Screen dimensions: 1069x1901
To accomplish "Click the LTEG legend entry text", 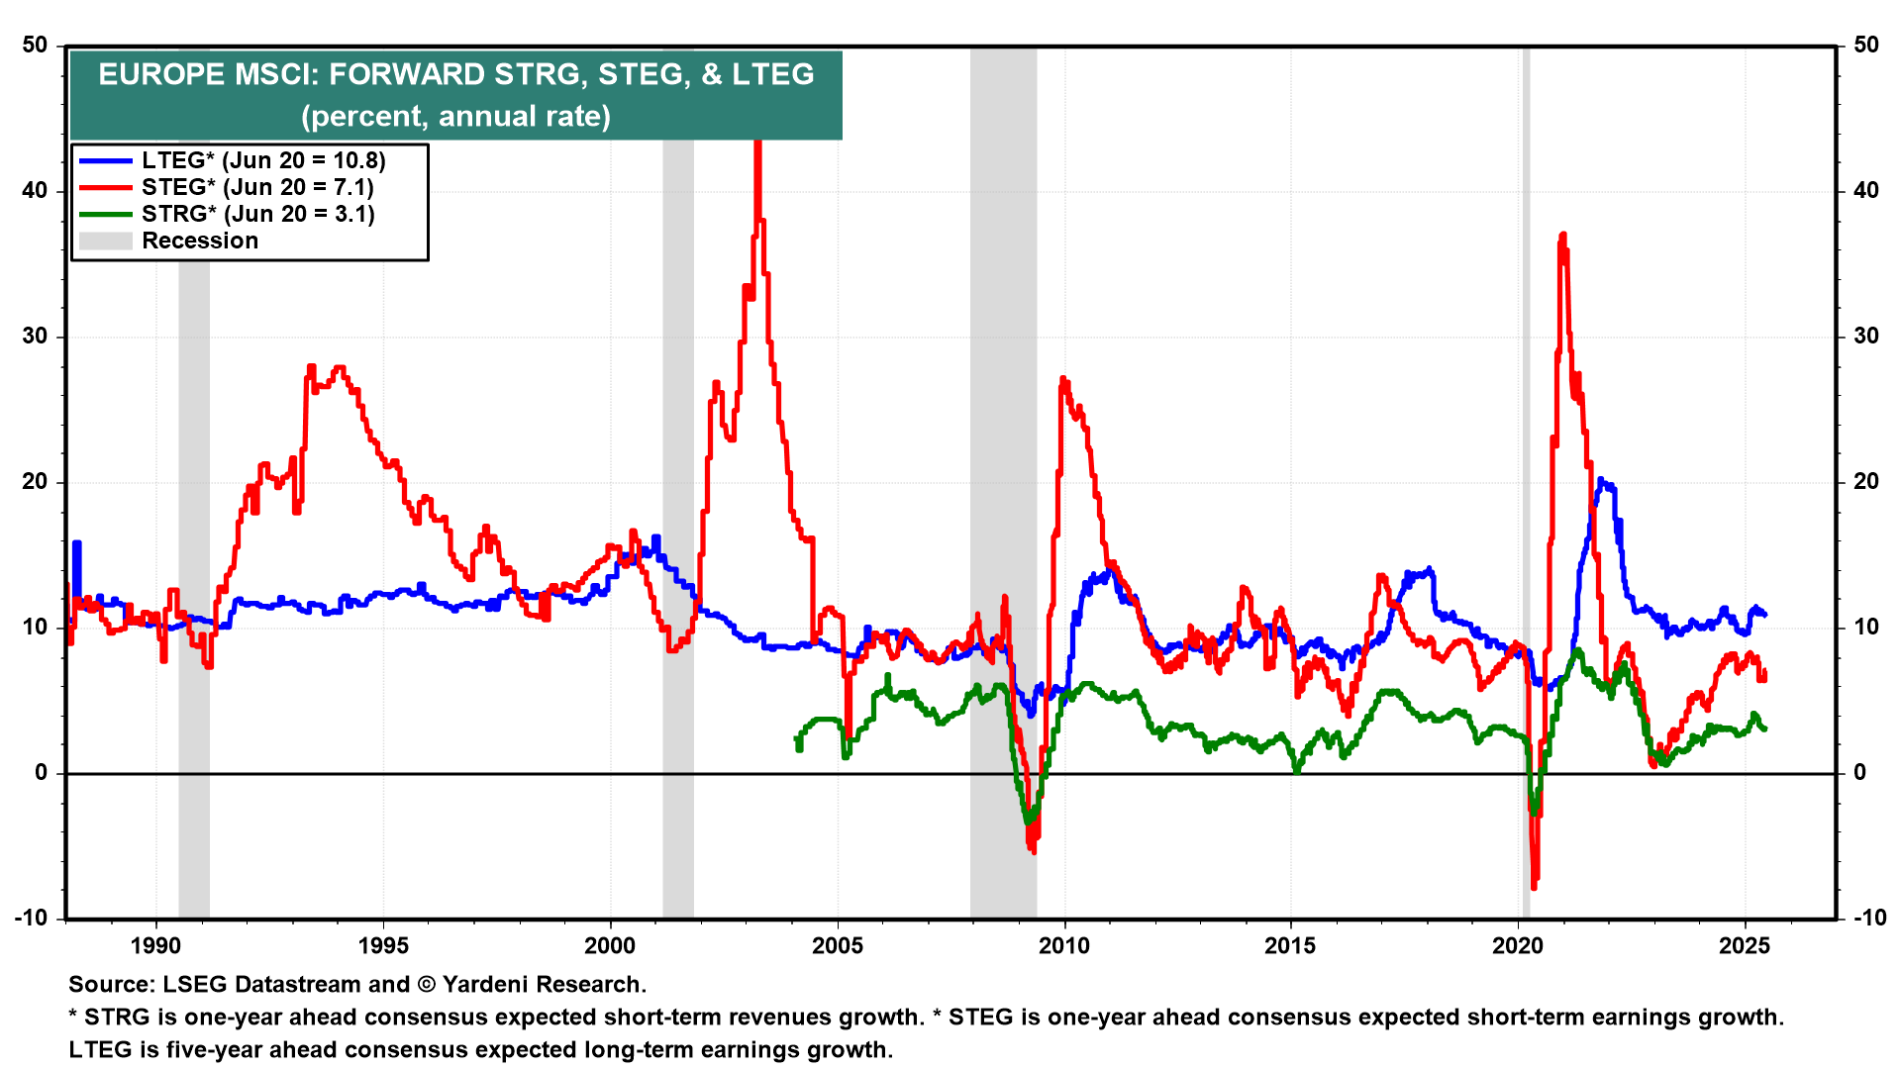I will pyautogui.click(x=262, y=160).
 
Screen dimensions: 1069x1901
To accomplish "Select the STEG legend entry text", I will pyautogui.click(x=257, y=187).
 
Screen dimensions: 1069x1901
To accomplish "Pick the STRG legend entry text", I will pyautogui.click(x=257, y=214).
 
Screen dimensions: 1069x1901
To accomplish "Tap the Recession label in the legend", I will pyautogui.click(x=200, y=241).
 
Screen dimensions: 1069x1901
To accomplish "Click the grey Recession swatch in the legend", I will pyautogui.click(x=105, y=241).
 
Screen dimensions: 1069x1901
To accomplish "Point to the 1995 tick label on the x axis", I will pyautogui.click(x=383, y=945).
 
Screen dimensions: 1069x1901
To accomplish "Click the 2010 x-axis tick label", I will pyautogui.click(x=1064, y=945).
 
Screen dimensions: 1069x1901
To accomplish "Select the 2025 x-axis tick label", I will pyautogui.click(x=1745, y=945).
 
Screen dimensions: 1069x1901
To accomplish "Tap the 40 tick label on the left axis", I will pyautogui.click(x=35, y=190).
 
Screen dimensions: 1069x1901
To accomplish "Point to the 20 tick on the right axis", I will pyautogui.click(x=1866, y=481).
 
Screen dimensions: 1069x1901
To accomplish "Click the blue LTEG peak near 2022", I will pyautogui.click(x=1601, y=482).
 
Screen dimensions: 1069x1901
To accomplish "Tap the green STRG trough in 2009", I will pyautogui.click(x=1030, y=821).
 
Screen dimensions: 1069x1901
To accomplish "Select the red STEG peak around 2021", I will pyautogui.click(x=1562, y=236).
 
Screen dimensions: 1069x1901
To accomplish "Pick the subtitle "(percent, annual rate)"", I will pyautogui.click(x=455, y=116).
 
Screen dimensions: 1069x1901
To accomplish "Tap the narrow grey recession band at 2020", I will pyautogui.click(x=1526, y=495).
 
